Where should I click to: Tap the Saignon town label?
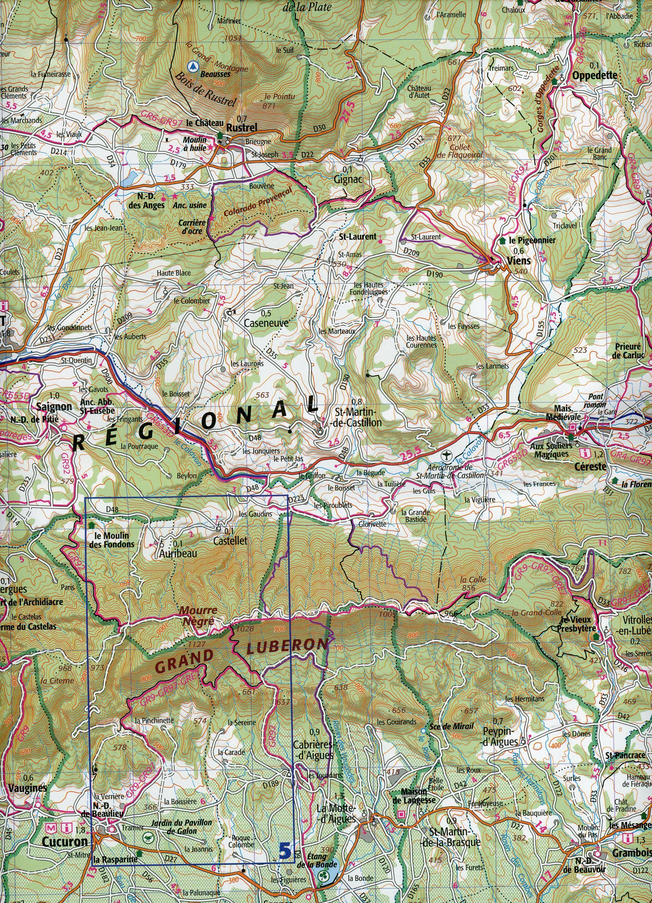54,407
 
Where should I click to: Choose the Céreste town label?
590,466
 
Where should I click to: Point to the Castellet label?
230,541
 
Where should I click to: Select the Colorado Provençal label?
258,202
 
